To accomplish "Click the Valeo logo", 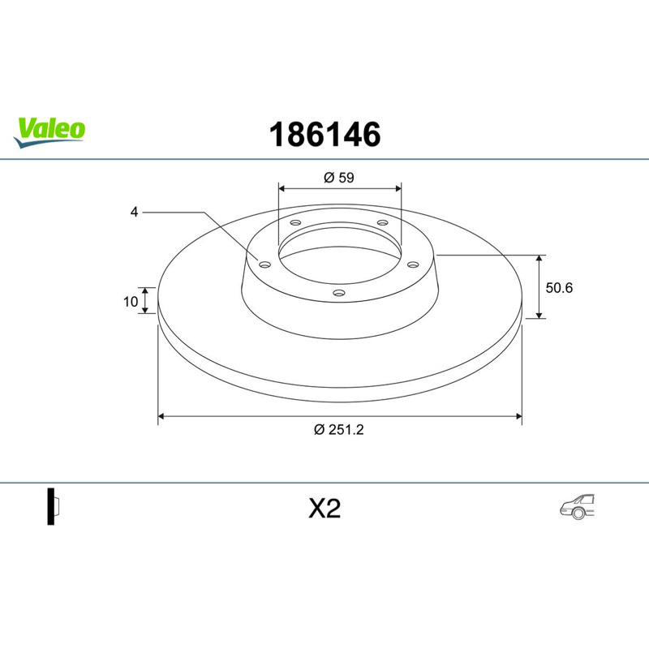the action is [x=49, y=132].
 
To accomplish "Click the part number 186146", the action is [x=325, y=135].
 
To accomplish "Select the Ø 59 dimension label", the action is [x=339, y=178].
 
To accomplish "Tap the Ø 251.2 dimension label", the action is [x=339, y=430].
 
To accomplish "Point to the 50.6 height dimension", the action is [x=559, y=288].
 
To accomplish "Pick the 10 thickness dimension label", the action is [x=131, y=302].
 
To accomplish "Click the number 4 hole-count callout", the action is [x=134, y=212].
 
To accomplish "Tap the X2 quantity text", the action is [x=324, y=509].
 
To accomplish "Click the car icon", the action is [x=578, y=506].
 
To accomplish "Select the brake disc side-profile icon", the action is [x=53, y=506].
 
